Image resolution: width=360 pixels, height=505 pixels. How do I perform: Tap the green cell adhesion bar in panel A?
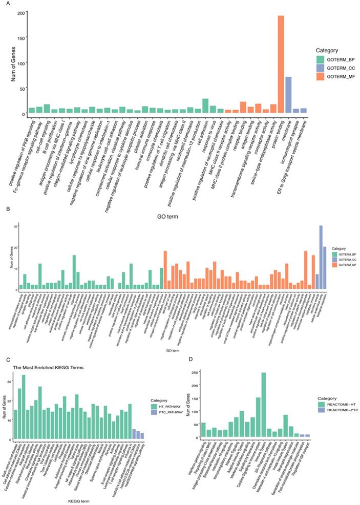[205, 106]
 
